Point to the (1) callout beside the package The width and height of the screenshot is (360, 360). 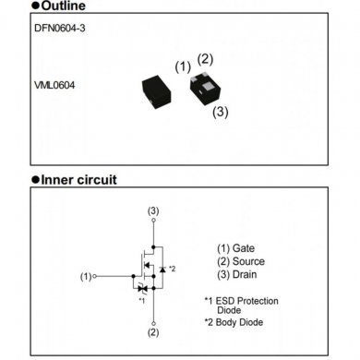[x=183, y=66]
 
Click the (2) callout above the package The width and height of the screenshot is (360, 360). [x=205, y=59]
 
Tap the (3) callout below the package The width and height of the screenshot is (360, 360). [x=220, y=112]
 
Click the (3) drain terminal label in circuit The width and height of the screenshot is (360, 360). [x=153, y=212]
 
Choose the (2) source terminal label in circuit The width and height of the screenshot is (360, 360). [x=153, y=331]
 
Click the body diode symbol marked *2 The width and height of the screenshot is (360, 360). [x=162, y=268]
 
